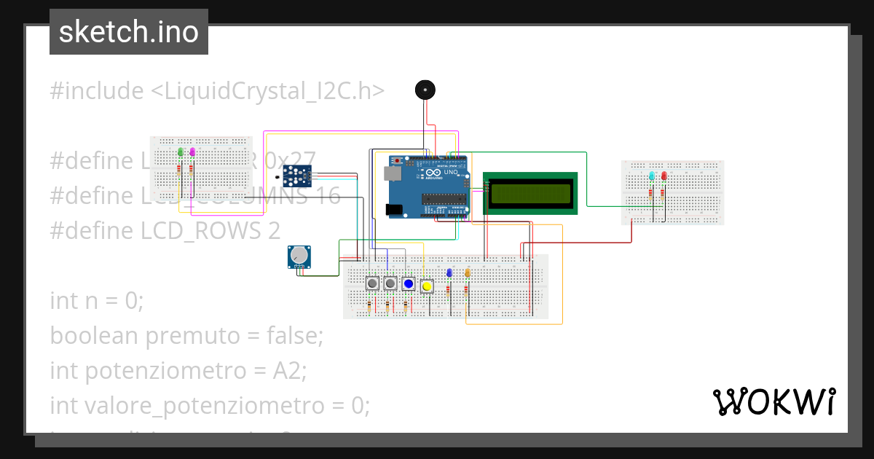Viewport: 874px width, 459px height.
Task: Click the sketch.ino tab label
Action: click(129, 32)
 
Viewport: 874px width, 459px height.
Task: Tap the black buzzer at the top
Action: click(425, 90)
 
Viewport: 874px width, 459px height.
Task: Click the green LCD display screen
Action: click(530, 193)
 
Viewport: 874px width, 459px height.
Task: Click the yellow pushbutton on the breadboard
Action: click(427, 286)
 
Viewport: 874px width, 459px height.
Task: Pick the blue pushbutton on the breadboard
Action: click(409, 283)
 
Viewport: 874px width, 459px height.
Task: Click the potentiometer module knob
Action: click(299, 256)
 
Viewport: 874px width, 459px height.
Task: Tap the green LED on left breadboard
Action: click(180, 152)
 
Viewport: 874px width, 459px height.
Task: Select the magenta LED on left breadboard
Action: click(192, 152)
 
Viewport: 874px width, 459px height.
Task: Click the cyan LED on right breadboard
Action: click(652, 176)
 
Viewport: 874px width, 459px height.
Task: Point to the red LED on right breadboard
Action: click(664, 176)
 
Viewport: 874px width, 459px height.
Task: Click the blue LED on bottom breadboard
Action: click(449, 272)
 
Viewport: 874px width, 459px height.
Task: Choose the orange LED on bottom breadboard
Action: click(467, 272)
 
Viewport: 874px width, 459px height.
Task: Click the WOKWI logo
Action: click(773, 401)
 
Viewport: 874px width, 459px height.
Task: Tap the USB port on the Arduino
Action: click(391, 173)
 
